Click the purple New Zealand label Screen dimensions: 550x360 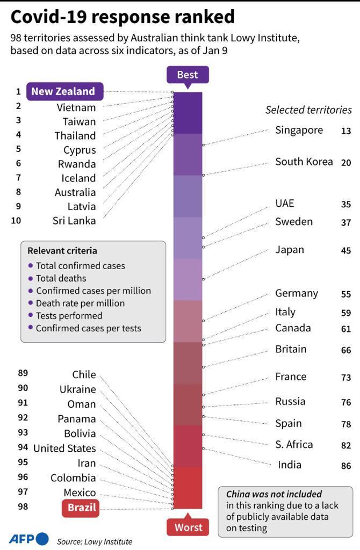pyautogui.click(x=63, y=91)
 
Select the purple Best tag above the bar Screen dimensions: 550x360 pyautogui.click(x=188, y=75)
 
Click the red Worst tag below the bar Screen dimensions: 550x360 pyautogui.click(x=188, y=527)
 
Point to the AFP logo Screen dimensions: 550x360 pyautogui.click(x=28, y=539)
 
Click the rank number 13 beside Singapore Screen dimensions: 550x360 pyautogui.click(x=346, y=131)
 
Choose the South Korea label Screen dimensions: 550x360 pyautogui.click(x=304, y=162)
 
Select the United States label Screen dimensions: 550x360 pyautogui.click(x=64, y=448)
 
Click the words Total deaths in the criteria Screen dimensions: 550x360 pyautogui.click(x=61, y=278)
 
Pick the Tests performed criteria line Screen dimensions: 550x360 pyautogui.click(x=69, y=315)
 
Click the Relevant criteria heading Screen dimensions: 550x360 pyautogui.click(x=62, y=251)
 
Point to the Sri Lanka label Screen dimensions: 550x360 pyautogui.click(x=74, y=220)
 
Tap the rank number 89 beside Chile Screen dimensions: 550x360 pyautogui.click(x=23, y=373)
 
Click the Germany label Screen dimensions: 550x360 pyautogui.click(x=297, y=293)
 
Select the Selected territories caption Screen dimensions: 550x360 pyautogui.click(x=308, y=110)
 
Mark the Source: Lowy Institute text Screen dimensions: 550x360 pyautogui.click(x=95, y=541)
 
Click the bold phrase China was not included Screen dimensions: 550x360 pyautogui.click(x=274, y=494)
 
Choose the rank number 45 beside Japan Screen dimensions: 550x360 pyautogui.click(x=346, y=251)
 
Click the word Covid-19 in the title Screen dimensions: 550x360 pyautogui.click(x=47, y=17)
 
